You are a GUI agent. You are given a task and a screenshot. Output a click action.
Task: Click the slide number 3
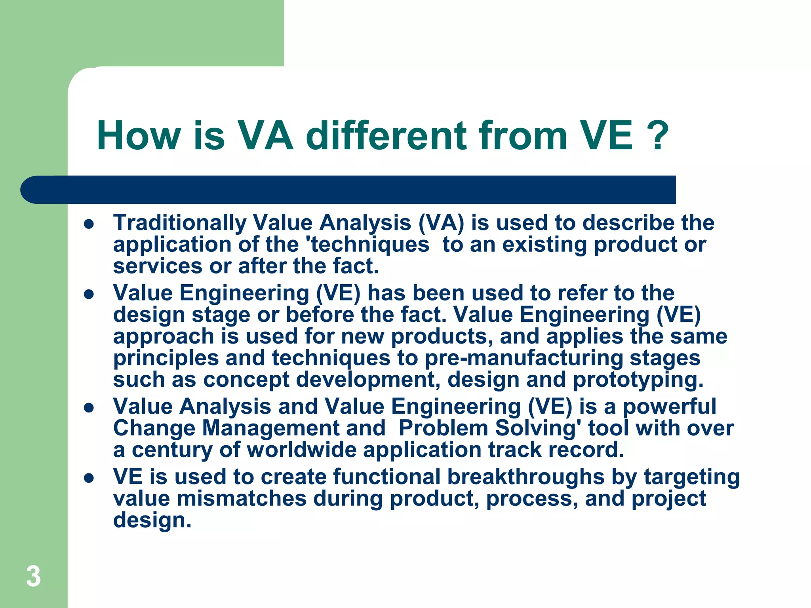click(33, 576)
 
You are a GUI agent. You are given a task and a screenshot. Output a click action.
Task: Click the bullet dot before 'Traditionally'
click(89, 224)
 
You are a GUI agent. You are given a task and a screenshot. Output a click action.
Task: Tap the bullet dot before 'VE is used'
click(89, 478)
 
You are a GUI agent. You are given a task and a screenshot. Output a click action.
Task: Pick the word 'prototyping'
click(638, 380)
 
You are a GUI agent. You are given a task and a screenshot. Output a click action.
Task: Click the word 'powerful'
click(669, 407)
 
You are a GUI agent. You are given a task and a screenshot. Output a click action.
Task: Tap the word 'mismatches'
click(242, 498)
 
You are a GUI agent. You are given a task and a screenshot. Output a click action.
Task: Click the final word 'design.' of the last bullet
click(152, 520)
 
